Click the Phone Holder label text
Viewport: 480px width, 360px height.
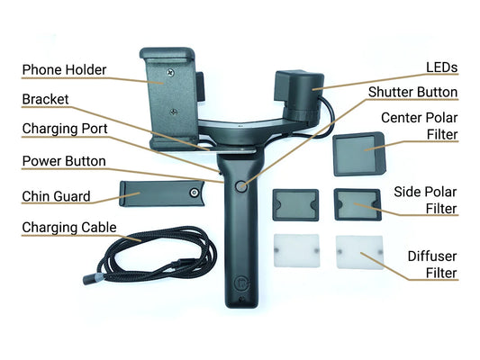[x=64, y=70]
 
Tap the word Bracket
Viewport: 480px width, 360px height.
[x=45, y=99]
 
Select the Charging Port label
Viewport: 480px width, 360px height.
[x=65, y=129]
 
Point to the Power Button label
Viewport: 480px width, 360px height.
[x=64, y=161]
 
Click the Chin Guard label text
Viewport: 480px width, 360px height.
[x=57, y=196]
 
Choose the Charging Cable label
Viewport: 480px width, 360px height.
[x=69, y=228]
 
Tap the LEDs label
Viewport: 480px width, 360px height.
[x=442, y=67]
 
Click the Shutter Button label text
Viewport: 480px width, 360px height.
[x=412, y=93]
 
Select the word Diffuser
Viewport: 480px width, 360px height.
[x=432, y=256]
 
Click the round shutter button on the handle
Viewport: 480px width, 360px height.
[x=241, y=186]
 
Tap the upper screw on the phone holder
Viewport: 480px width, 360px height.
[x=171, y=73]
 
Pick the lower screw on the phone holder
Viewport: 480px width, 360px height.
[x=174, y=112]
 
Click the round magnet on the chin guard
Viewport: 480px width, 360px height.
[x=194, y=193]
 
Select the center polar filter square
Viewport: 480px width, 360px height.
[x=358, y=154]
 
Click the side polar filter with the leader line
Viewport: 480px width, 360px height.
[x=358, y=204]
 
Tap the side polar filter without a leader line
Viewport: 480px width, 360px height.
[x=295, y=205]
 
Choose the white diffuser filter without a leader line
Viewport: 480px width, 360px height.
[x=296, y=250]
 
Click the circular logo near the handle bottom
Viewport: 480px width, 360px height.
[x=241, y=283]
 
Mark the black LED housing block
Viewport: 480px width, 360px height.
[x=299, y=94]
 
